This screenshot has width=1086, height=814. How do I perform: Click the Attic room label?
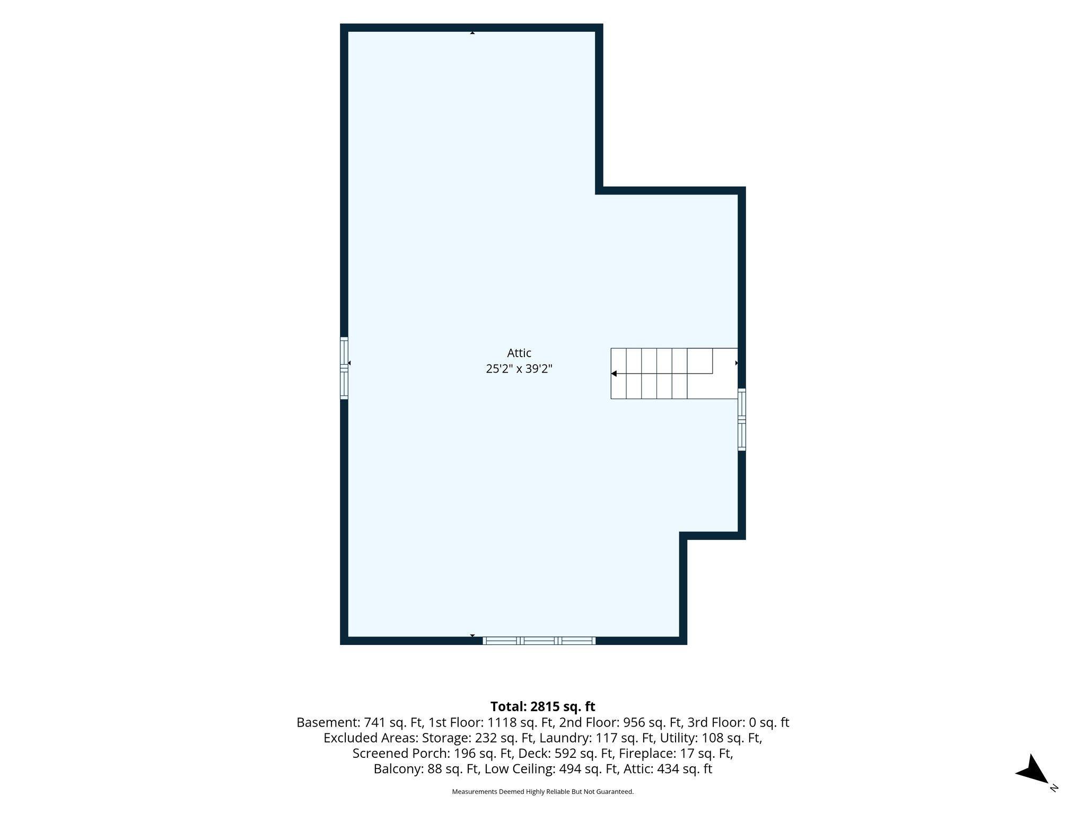tap(519, 353)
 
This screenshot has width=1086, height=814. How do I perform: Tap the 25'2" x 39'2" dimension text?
tap(519, 369)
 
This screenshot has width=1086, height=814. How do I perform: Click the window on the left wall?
tap(344, 368)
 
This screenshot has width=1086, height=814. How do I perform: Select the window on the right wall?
tap(742, 420)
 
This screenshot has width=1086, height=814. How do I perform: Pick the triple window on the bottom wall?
tap(539, 641)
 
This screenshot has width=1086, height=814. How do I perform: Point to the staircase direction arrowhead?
tap(614, 374)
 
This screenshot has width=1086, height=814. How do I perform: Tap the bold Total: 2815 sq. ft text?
tap(542, 706)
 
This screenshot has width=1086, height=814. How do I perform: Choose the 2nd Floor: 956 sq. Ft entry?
tap(621, 722)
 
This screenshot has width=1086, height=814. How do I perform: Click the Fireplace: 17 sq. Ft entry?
tap(676, 753)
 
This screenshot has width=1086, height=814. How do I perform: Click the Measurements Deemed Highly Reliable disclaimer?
tap(542, 792)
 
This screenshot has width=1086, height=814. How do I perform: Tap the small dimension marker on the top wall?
tap(472, 33)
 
